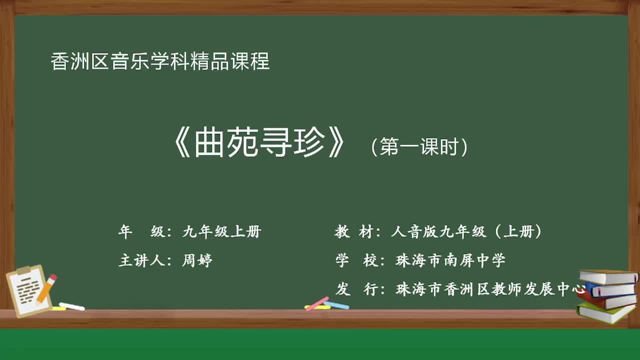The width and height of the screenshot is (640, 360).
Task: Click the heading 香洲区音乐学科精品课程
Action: pos(160,61)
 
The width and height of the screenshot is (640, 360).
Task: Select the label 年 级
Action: pos(141,231)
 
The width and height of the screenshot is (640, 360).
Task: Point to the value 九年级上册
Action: pos(221,231)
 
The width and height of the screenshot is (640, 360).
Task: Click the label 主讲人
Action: pos(141,260)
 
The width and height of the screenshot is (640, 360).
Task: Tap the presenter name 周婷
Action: pos(197,260)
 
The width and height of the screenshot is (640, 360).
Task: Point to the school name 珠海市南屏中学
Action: pos(450,260)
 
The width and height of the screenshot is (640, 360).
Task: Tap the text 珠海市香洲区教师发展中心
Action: pos(490,289)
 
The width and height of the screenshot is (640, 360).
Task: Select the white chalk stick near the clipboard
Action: pos(71,306)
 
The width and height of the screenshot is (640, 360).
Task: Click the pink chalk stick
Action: pos(317,303)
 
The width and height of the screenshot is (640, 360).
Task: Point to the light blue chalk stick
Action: pos(337,305)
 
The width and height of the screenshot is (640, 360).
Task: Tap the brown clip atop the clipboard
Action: pos(24,270)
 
